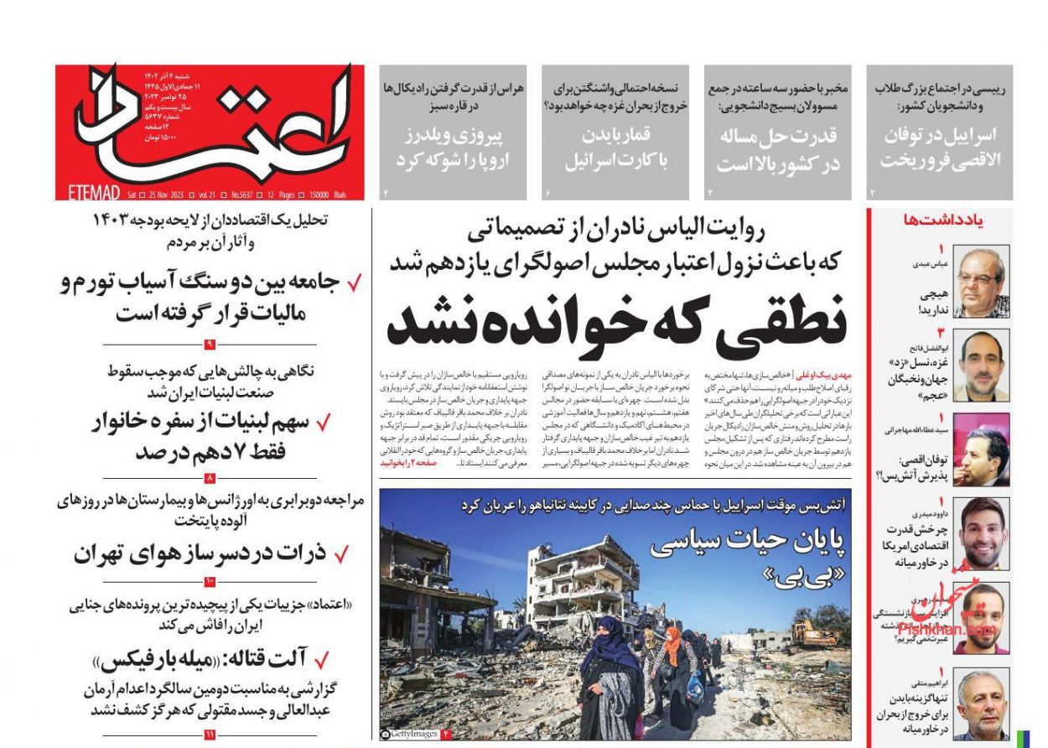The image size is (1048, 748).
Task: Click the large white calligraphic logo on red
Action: (x=210, y=126)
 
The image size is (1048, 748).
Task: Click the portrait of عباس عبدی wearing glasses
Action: (x=982, y=283)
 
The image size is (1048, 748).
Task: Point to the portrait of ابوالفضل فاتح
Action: (x=982, y=366)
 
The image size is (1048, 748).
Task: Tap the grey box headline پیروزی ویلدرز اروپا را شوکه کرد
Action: (x=453, y=148)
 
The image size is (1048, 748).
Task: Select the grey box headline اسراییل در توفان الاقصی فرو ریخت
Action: (x=939, y=148)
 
